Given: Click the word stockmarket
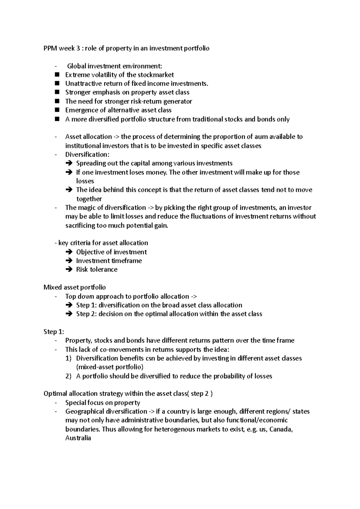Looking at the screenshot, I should [155, 75].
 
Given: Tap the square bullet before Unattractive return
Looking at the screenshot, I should [58, 84].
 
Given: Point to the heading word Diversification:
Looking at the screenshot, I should [87, 155].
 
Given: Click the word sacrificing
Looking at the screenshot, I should [80, 225].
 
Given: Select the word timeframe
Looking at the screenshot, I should [126, 261].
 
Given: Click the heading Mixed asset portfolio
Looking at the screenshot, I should [74, 287].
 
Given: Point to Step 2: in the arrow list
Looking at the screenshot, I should [86, 314].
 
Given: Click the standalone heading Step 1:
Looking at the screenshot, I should [54, 332].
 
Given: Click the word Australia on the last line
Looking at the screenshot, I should [78, 438].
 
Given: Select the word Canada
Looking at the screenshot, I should [281, 429].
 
